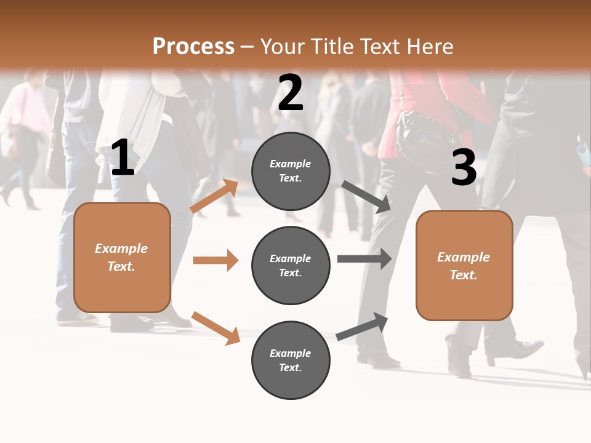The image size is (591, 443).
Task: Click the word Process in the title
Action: (x=193, y=47)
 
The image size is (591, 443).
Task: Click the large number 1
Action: (x=123, y=158)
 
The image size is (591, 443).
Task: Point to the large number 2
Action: (x=291, y=93)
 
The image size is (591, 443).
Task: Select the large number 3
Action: (x=464, y=168)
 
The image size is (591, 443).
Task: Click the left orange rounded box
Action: (x=122, y=257)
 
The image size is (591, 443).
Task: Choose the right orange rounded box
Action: (x=464, y=266)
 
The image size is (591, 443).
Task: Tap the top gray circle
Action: (x=291, y=171)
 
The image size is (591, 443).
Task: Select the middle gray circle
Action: (x=291, y=265)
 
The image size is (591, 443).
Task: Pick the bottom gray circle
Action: (x=291, y=360)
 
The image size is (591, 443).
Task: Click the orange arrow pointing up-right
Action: (x=214, y=196)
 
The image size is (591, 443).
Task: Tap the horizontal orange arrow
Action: (x=215, y=260)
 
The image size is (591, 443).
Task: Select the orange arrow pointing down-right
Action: (x=215, y=327)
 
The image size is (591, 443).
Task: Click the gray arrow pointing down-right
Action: (x=366, y=197)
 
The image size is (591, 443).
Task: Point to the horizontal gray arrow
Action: (x=364, y=258)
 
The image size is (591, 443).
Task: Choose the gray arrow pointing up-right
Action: (x=362, y=326)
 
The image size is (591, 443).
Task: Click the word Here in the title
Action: (x=430, y=47)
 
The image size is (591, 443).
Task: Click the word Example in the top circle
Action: (x=291, y=164)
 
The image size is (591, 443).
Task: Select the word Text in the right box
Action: (x=464, y=275)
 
